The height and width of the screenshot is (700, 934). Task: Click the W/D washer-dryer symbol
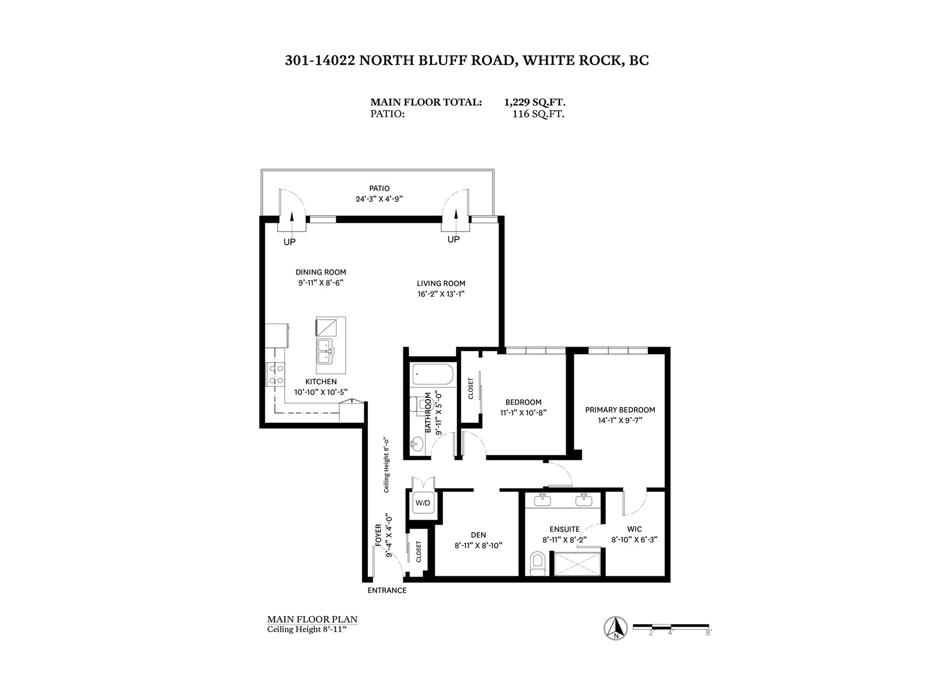click(x=422, y=503)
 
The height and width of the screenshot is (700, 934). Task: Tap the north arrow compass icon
click(x=616, y=628)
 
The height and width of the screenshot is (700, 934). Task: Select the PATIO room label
click(x=379, y=188)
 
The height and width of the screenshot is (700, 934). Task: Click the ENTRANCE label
click(x=387, y=590)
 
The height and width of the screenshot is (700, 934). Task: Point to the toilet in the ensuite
click(x=538, y=563)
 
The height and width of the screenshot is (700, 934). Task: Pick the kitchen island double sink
click(x=326, y=351)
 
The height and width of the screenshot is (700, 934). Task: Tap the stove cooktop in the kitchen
click(x=275, y=374)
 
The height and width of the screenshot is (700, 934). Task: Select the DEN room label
click(x=478, y=535)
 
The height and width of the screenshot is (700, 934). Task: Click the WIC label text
click(x=635, y=529)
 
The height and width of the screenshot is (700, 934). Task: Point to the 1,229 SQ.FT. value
click(x=535, y=103)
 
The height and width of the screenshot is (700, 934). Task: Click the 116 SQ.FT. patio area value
click(x=538, y=114)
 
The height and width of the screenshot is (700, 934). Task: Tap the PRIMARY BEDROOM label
click(x=620, y=409)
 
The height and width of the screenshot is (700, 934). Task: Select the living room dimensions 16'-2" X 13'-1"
click(x=441, y=293)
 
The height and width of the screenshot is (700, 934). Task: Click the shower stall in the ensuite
click(x=577, y=564)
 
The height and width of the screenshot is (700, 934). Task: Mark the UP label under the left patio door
click(x=290, y=242)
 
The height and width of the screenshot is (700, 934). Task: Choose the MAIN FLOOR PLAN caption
click(x=312, y=619)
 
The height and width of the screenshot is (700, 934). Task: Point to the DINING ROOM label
click(x=321, y=272)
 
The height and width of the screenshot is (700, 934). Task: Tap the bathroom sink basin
click(x=417, y=445)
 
